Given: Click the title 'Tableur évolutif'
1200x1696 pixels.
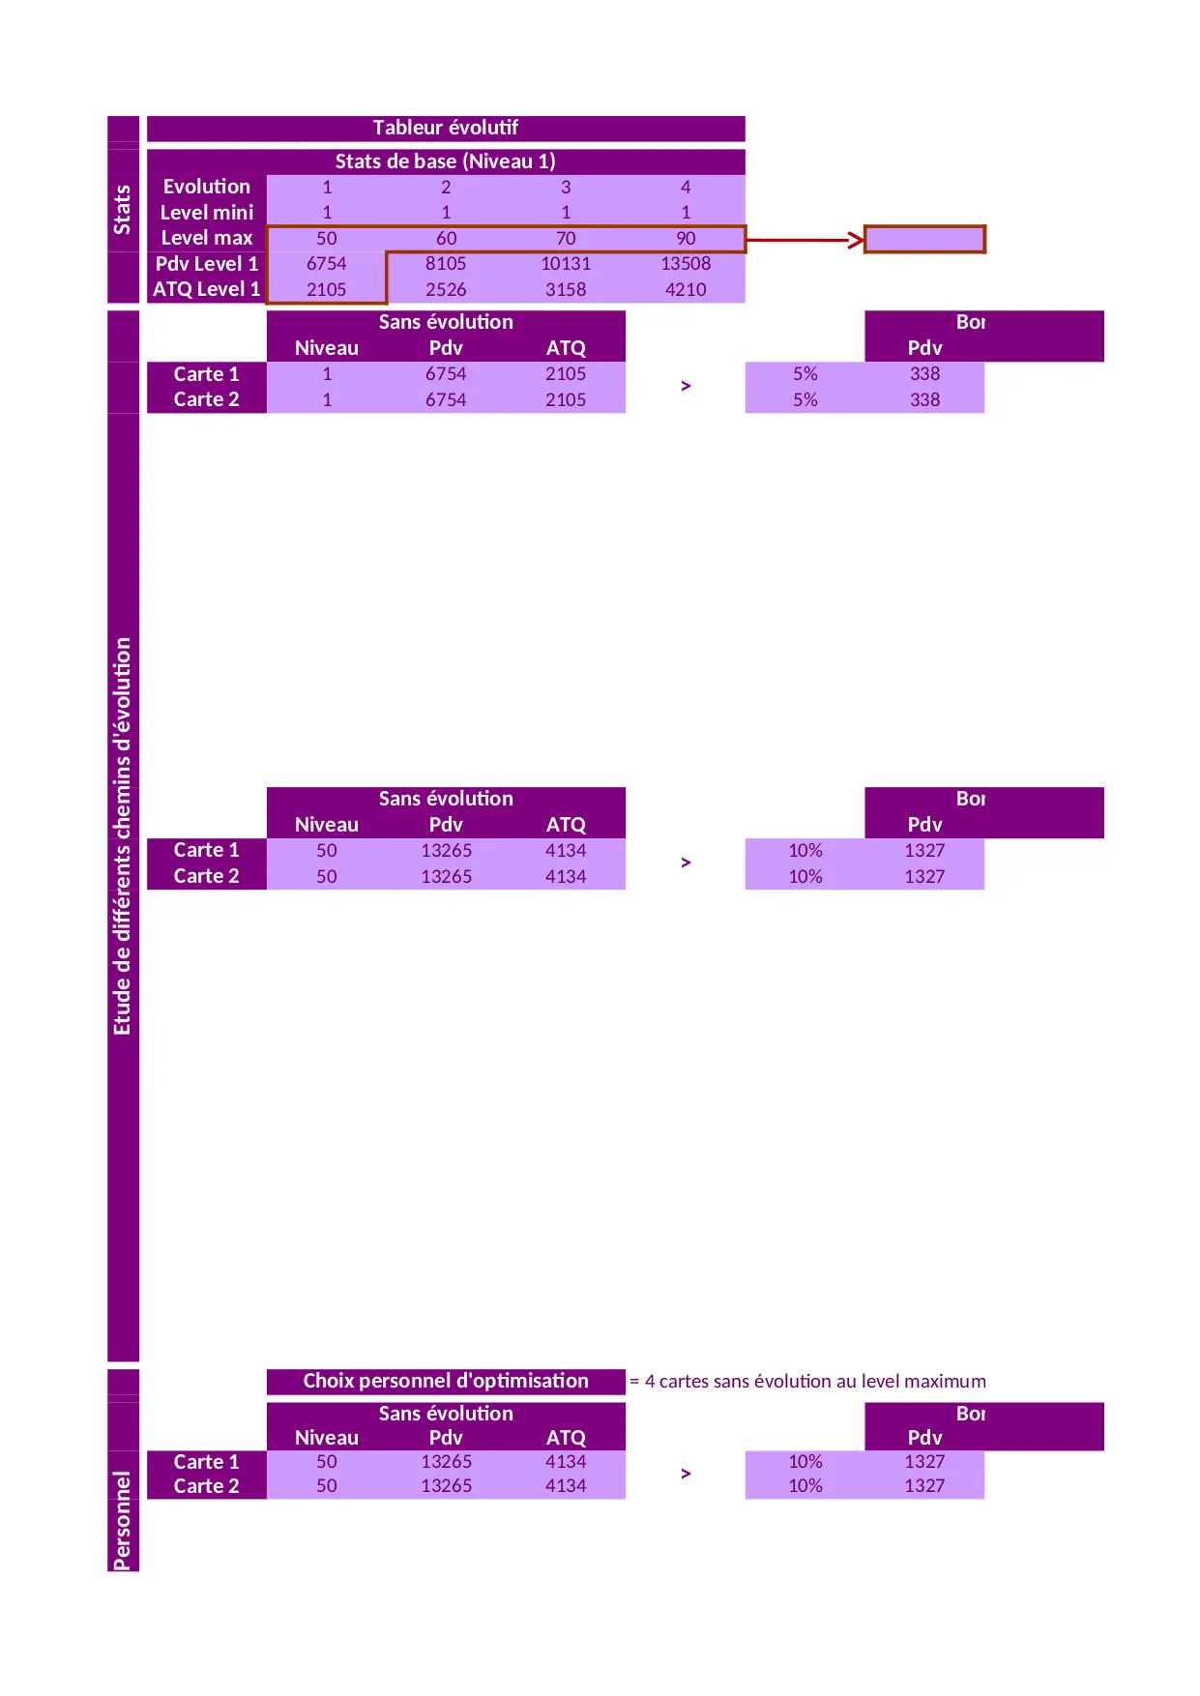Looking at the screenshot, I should pyautogui.click(x=445, y=128).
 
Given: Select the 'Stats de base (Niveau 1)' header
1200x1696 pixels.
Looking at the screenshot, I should pyautogui.click(x=445, y=161).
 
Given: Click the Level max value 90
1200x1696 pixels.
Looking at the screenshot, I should pyautogui.click(x=686, y=239).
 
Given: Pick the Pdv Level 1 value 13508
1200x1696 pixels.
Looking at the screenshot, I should pyautogui.click(x=686, y=264).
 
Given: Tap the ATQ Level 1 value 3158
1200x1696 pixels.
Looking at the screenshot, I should pyautogui.click(x=566, y=290).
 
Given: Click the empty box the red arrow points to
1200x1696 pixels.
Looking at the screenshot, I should pyautogui.click(x=924, y=239).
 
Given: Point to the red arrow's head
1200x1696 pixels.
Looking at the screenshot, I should pyautogui.click(x=857, y=239).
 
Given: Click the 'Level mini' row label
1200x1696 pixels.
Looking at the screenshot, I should pyautogui.click(x=207, y=213).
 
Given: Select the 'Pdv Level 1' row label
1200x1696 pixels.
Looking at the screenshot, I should pyautogui.click(x=207, y=264).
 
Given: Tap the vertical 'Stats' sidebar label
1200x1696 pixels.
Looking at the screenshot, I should pyautogui.click(x=123, y=210).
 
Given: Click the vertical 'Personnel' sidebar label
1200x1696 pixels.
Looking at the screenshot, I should pyautogui.click(x=123, y=1521).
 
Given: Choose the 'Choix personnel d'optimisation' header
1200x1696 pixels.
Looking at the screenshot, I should pyautogui.click(x=446, y=1381).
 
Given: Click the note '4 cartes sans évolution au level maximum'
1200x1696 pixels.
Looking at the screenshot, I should pyautogui.click(x=815, y=1382).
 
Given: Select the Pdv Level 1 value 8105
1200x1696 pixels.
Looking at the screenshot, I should pyautogui.click(x=446, y=264).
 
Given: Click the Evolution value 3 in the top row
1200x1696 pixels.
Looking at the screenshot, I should pyautogui.click(x=566, y=188).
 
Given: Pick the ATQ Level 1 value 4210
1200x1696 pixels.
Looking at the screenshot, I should pyautogui.click(x=686, y=290).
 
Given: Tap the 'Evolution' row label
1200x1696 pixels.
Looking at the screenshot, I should pyautogui.click(x=207, y=187).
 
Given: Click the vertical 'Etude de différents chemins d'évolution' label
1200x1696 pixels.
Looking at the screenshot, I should pyautogui.click(x=123, y=836).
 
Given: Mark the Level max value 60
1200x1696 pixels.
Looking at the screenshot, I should pyautogui.click(x=446, y=239).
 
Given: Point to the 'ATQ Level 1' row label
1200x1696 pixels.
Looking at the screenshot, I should pyautogui.click(x=207, y=289).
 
